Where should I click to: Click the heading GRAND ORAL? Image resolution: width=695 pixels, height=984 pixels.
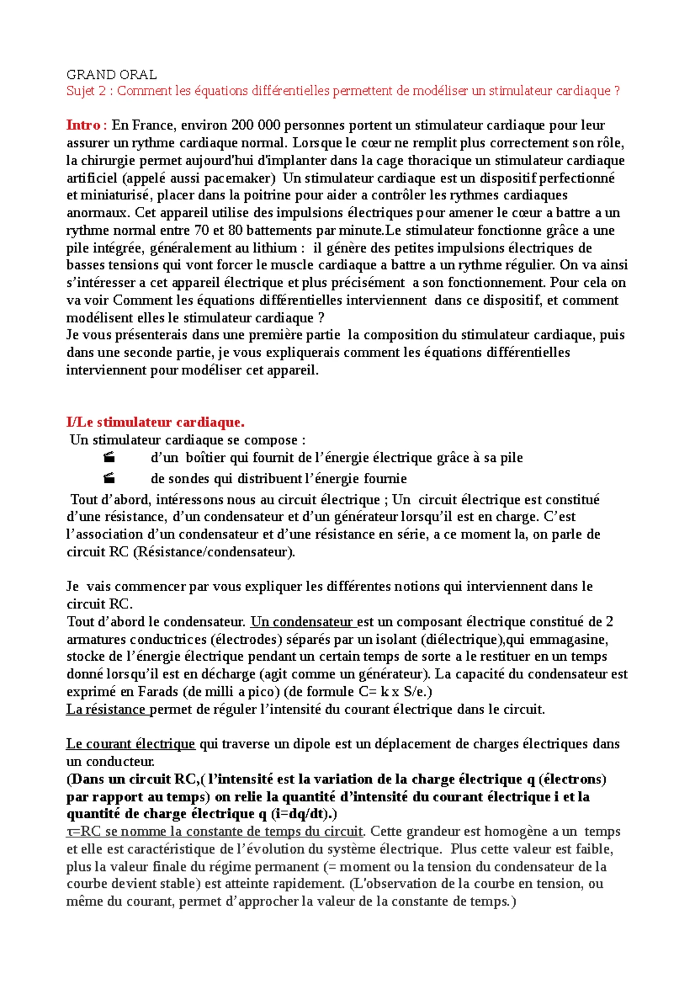(111, 75)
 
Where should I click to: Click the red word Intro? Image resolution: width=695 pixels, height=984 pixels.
(85, 125)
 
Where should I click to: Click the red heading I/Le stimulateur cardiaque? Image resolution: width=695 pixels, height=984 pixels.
(155, 422)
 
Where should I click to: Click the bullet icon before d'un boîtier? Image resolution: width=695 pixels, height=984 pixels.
(109, 458)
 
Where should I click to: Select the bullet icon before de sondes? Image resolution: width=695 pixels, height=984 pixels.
(109, 479)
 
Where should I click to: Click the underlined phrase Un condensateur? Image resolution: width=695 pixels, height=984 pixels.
(302, 622)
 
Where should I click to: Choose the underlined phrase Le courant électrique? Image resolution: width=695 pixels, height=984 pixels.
(130, 744)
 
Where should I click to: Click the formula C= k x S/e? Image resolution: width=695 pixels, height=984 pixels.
(396, 691)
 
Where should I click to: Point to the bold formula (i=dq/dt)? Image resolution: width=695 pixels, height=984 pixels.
(304, 814)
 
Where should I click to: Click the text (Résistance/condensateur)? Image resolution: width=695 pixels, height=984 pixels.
(214, 552)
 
